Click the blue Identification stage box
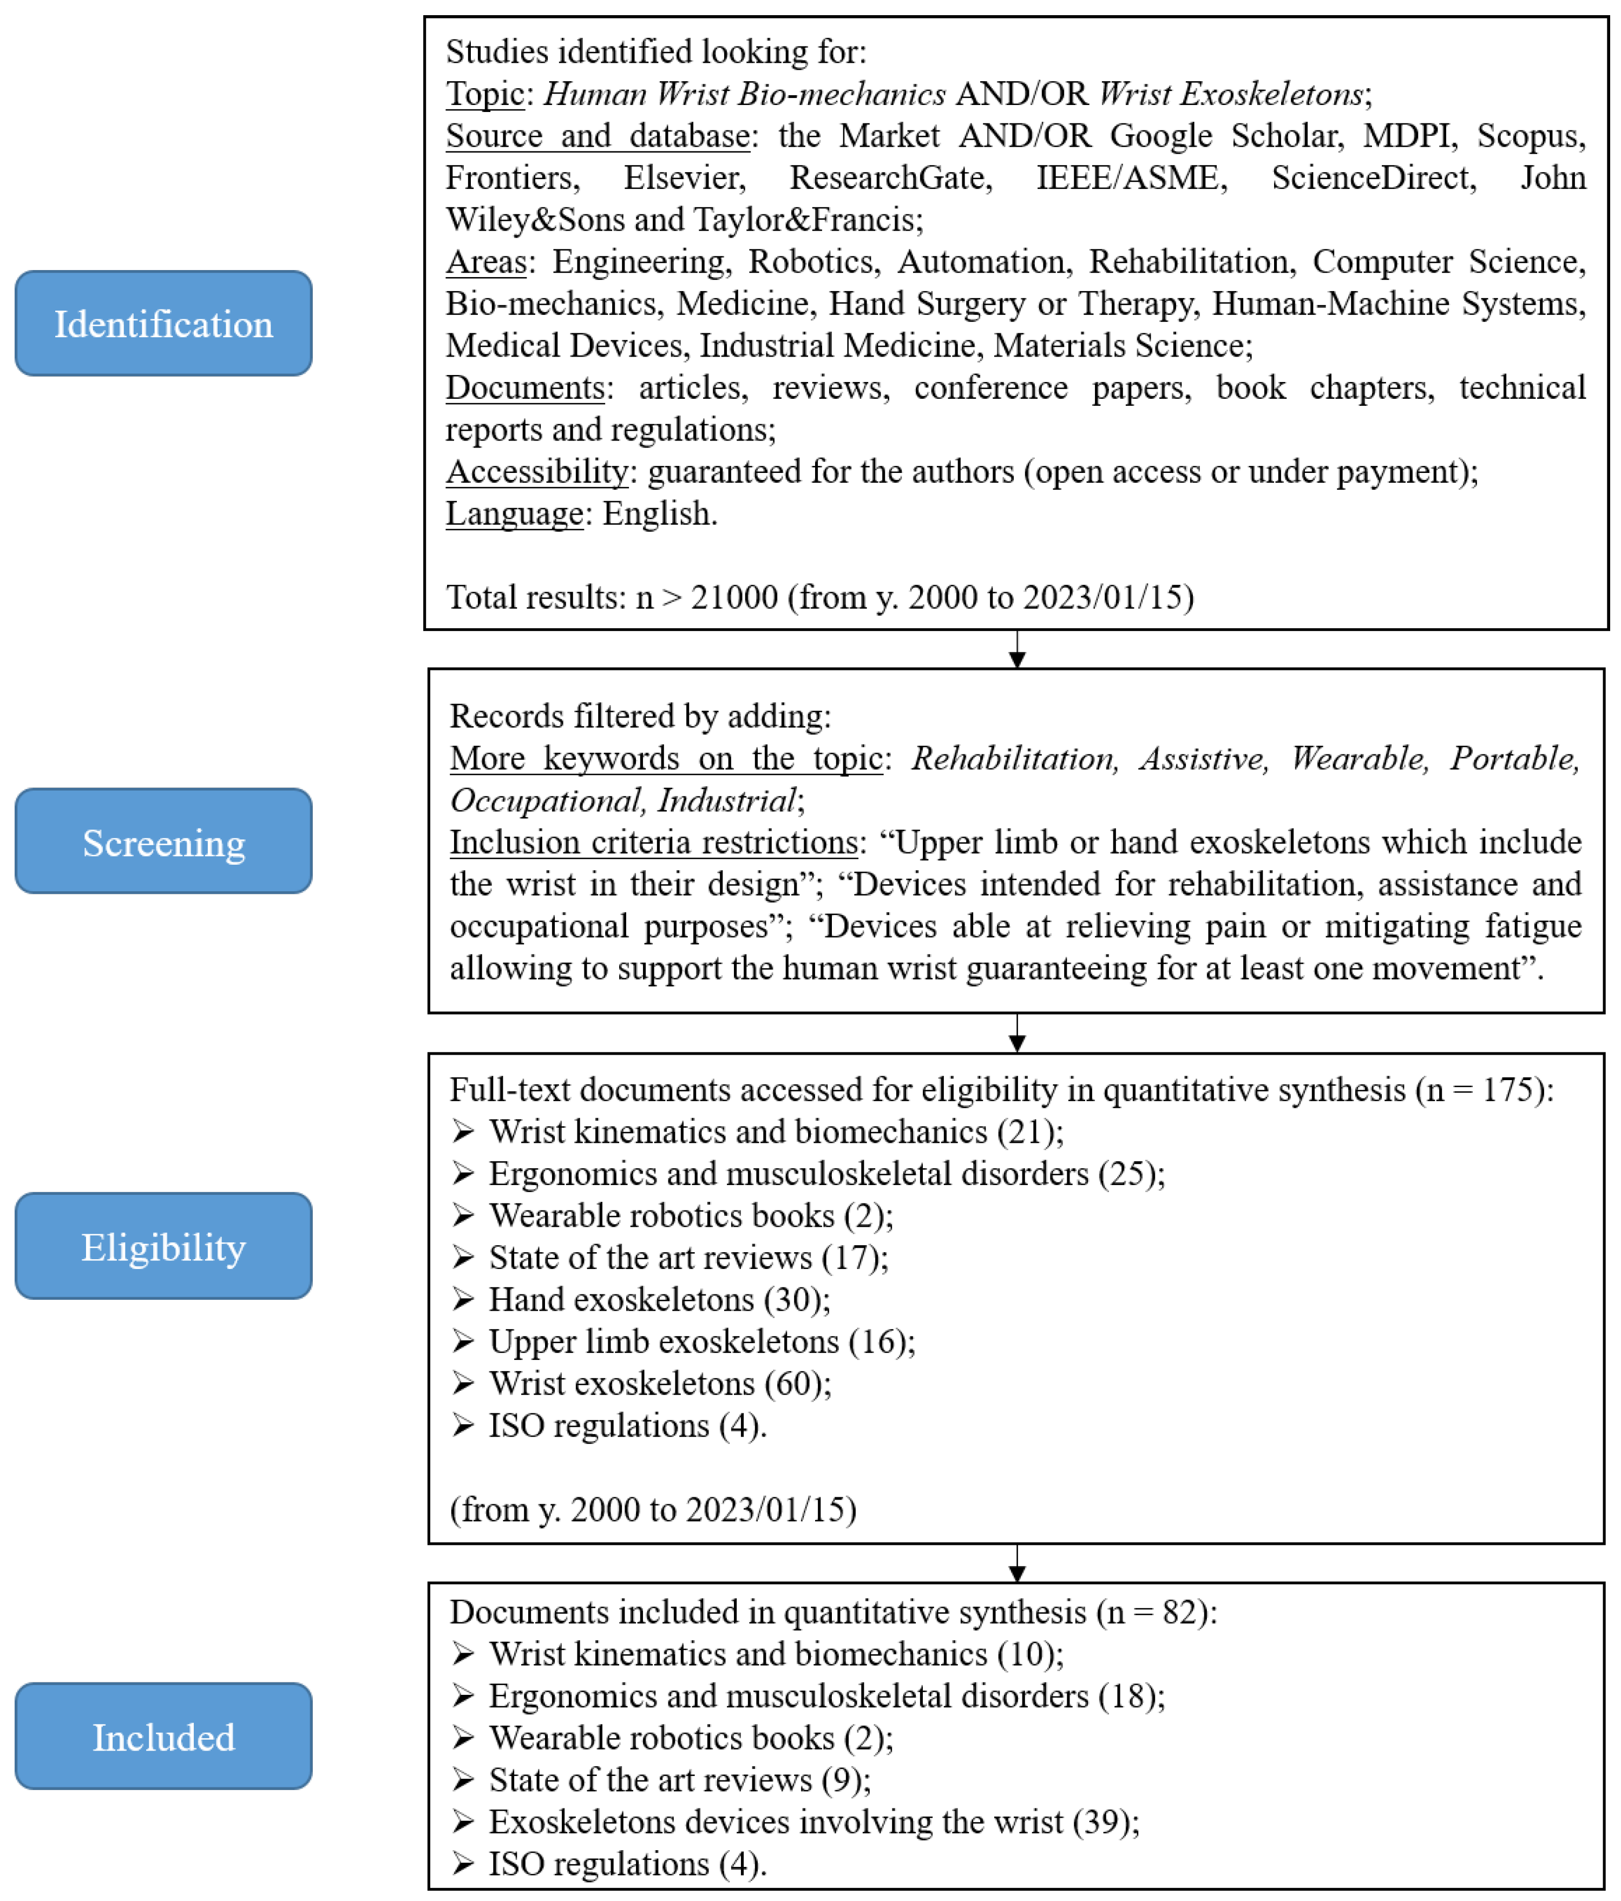[163, 323]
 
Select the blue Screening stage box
[163, 841]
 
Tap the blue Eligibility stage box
[163, 1246]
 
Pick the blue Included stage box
[163, 1736]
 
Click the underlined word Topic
[484, 94]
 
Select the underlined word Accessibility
[537, 471]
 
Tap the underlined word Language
[514, 513]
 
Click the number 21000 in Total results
[734, 597]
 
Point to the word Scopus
[1528, 136]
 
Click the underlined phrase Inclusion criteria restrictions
[653, 842]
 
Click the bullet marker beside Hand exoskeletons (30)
[463, 1300]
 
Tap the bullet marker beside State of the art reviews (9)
[463, 1780]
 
